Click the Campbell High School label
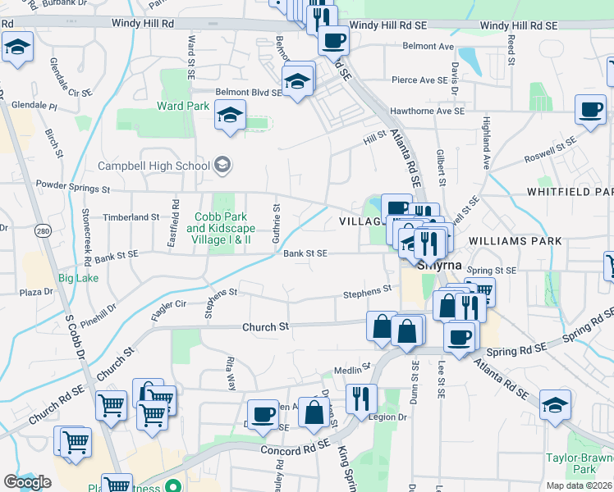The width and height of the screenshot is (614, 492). [154, 166]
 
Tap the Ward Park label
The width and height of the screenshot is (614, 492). [184, 106]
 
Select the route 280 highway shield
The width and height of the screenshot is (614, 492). [44, 233]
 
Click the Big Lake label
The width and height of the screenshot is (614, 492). [78, 278]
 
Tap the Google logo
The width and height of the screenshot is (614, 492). [27, 482]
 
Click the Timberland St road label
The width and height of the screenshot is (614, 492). [131, 216]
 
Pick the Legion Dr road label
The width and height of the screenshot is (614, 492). [391, 417]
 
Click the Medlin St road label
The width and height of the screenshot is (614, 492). [353, 369]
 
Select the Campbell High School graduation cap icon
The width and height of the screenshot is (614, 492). [222, 166]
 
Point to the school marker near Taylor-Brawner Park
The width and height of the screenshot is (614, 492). [555, 405]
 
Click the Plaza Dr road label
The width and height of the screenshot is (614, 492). [36, 292]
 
